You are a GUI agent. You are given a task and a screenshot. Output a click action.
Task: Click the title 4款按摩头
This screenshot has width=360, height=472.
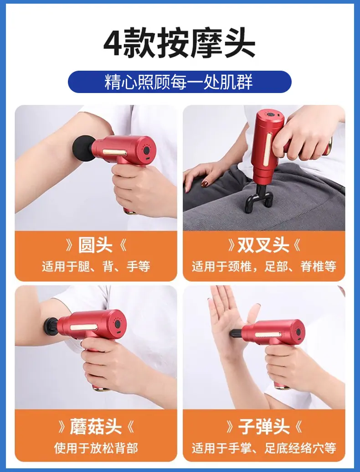point(180,42)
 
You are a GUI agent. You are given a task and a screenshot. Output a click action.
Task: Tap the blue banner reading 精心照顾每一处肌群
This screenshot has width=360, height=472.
point(180,82)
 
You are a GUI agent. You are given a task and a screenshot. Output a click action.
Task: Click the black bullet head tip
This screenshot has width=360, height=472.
point(236,332)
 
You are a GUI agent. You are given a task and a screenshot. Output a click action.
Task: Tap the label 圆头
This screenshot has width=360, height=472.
point(95,245)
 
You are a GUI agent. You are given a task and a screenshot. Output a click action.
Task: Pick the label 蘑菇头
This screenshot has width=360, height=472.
point(96,426)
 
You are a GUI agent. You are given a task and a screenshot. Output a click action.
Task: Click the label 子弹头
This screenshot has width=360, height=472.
point(264,426)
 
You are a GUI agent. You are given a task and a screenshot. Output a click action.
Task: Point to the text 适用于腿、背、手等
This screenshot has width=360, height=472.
point(96,266)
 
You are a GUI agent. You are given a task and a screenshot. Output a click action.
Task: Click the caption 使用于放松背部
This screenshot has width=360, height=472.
point(96,448)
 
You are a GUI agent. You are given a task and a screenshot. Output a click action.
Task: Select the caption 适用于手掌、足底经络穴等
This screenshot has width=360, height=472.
point(264,448)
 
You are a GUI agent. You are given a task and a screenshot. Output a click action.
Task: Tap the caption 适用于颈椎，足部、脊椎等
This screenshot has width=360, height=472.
point(264,266)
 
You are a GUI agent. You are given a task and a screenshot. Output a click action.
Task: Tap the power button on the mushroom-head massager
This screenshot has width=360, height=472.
point(118,324)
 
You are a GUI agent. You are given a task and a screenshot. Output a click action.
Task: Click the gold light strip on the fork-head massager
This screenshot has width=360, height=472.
point(266,150)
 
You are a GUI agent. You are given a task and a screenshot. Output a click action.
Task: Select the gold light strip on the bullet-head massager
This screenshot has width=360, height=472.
point(268,335)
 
